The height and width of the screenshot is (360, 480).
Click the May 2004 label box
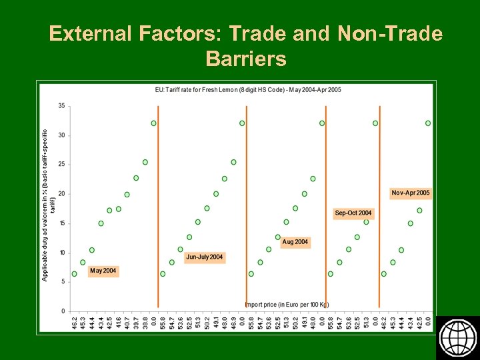click(103, 271)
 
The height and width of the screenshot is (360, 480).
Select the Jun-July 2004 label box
click(205, 257)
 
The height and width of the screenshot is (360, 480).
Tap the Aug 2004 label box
click(295, 241)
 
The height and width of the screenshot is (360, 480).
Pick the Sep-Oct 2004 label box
click(353, 213)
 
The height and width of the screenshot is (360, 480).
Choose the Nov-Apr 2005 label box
click(411, 193)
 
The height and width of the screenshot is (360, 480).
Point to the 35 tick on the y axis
click(61, 105)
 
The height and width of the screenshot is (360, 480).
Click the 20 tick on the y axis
click(61, 194)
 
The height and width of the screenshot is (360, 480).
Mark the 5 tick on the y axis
click(63, 282)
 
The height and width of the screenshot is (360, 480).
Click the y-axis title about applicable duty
click(47, 205)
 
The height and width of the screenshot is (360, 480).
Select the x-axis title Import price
click(287, 305)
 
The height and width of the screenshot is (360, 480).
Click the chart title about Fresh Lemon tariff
click(248, 89)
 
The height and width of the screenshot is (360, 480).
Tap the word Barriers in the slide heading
click(246, 59)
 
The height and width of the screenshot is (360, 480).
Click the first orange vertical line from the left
click(158, 207)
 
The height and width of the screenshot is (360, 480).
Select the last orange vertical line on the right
click(379, 207)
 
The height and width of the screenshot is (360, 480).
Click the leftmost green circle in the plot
click(74, 273)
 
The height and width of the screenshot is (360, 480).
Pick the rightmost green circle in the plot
click(428, 123)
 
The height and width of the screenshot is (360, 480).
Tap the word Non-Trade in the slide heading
click(390, 33)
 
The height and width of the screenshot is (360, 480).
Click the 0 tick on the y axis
click(63, 311)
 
